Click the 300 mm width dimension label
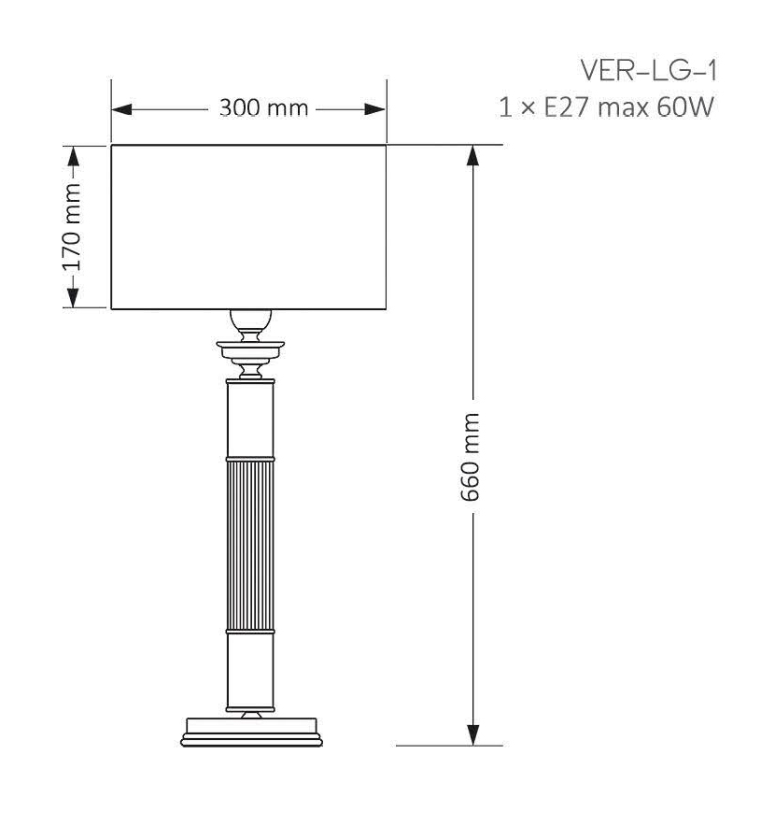[263, 108]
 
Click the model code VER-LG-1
[649, 72]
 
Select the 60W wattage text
[685, 108]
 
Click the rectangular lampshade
[248, 226]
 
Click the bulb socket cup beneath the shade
[251, 323]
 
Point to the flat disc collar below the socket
[250, 349]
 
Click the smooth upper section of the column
[251, 420]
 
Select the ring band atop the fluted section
[251, 460]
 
